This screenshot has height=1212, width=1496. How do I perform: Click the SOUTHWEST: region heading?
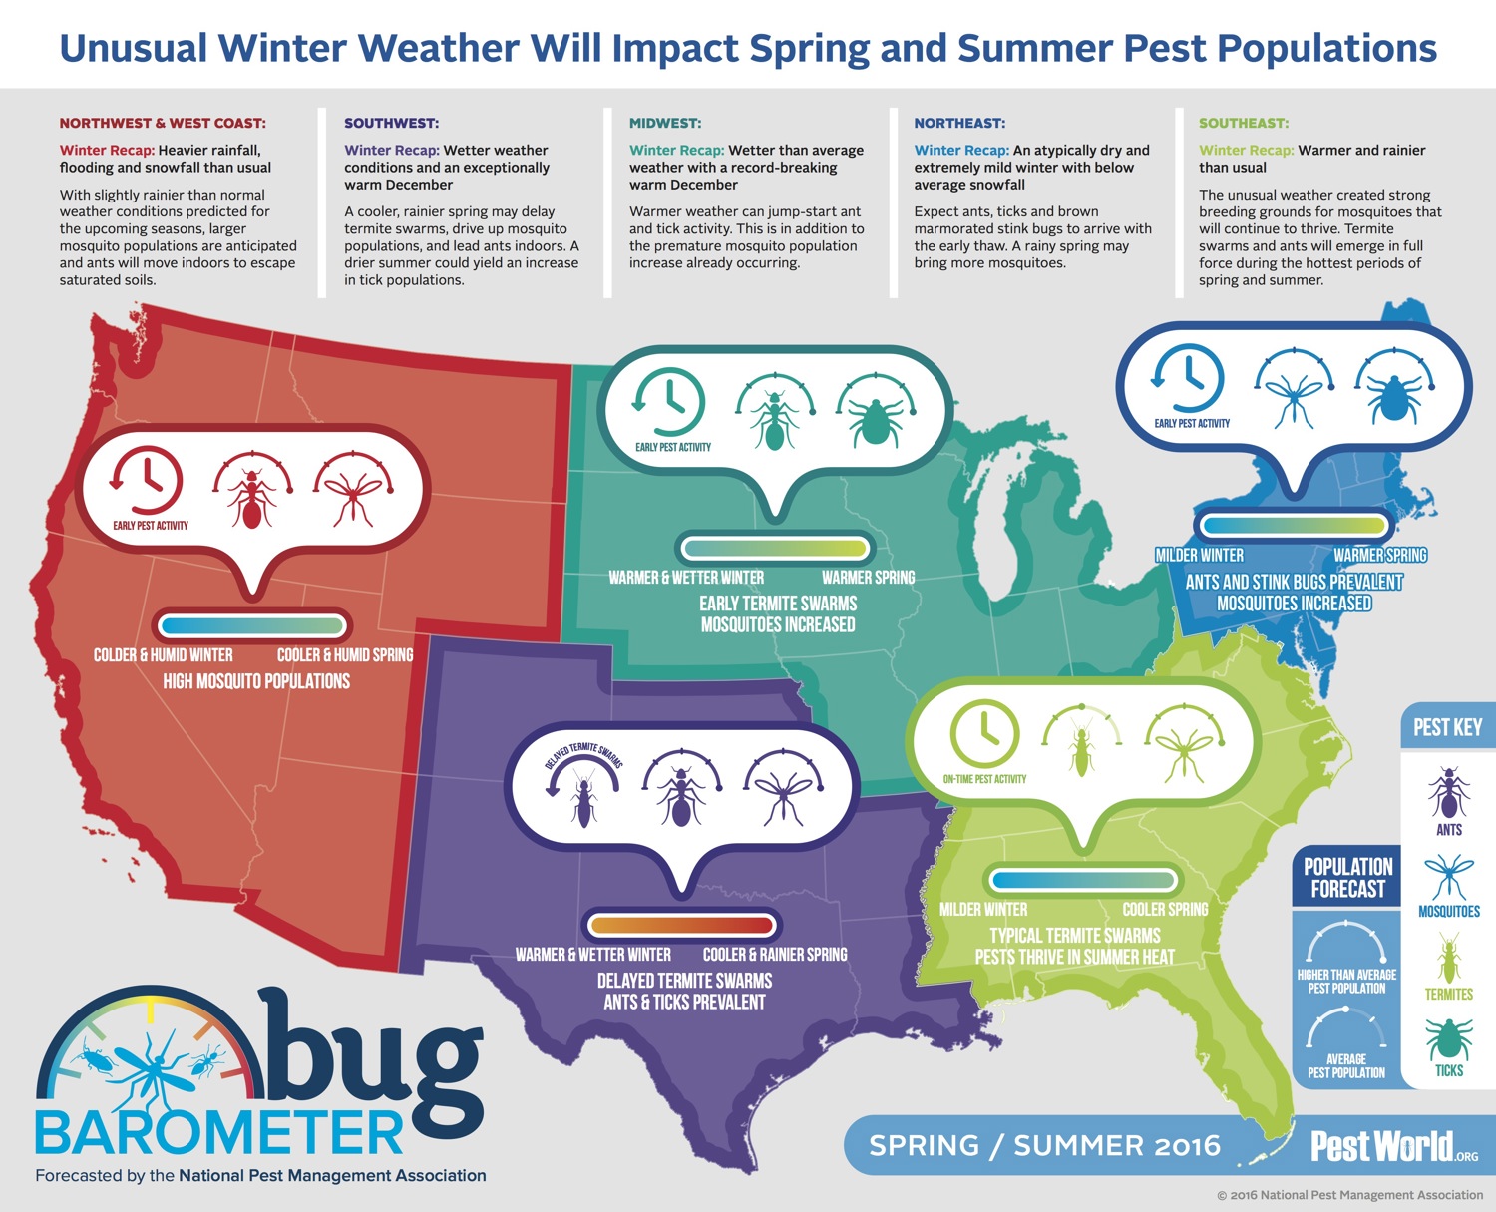391,123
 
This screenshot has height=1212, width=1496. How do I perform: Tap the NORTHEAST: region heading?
959,123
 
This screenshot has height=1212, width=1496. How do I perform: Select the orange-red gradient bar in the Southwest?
682,925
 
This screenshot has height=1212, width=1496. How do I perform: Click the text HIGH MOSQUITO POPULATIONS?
256,681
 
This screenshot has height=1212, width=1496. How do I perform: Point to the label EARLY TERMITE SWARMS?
778,604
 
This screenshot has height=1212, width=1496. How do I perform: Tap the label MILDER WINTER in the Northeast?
1200,555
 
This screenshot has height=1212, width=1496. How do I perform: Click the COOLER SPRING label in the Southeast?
1165,909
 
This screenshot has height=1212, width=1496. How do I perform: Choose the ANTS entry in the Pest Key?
1448,802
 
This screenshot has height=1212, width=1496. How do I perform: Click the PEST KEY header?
1447,727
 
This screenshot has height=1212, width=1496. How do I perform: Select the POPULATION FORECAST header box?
1347,878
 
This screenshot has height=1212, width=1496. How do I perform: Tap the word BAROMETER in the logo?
218,1132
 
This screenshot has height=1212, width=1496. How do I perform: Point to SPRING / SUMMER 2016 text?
1044,1146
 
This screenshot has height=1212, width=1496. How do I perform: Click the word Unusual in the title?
134,49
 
